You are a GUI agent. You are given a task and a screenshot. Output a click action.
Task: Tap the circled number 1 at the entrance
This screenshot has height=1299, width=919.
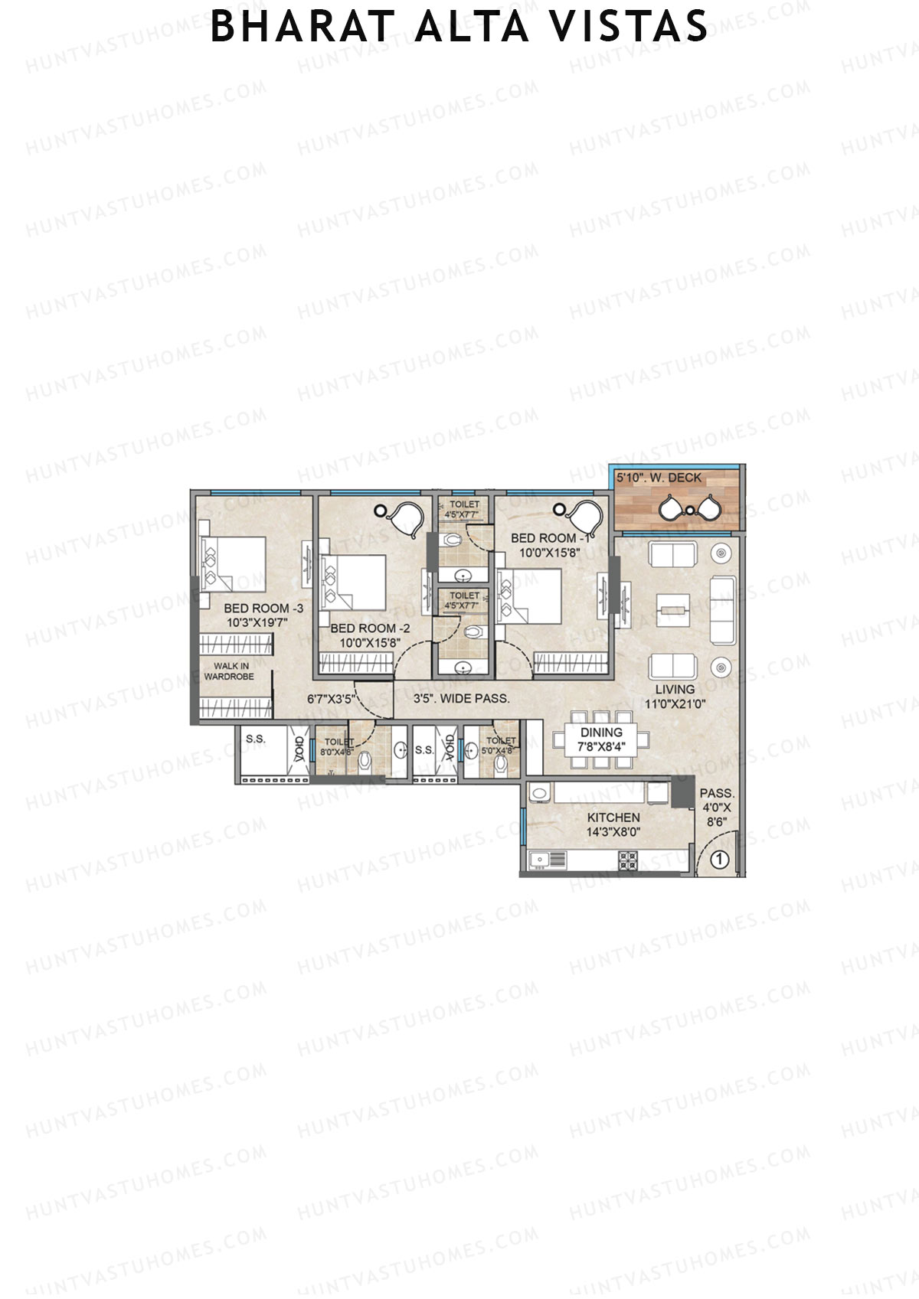[718, 859]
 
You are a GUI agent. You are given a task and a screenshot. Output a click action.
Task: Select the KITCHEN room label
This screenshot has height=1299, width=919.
[613, 817]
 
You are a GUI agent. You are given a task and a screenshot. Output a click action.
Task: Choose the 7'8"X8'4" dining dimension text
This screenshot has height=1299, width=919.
[601, 746]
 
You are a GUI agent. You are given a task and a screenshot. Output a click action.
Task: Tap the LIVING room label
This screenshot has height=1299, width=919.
[674, 689]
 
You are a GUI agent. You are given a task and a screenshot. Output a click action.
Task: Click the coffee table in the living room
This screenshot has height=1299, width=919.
[673, 609]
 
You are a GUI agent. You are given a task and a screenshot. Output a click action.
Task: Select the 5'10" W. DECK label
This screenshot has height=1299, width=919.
[659, 478]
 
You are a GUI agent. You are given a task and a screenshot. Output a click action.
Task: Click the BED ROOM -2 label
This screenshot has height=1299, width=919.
[370, 628]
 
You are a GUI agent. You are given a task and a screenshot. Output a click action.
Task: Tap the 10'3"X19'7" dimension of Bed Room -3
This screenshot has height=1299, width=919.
[256, 623]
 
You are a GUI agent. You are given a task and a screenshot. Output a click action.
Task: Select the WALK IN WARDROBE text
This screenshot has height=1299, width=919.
[229, 671]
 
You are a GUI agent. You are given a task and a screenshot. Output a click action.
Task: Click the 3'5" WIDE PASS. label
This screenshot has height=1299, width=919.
[461, 698]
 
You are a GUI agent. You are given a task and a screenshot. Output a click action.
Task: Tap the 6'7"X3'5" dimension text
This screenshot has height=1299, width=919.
[329, 698]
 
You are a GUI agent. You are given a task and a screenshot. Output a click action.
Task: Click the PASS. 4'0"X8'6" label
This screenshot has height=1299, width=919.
[717, 808]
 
